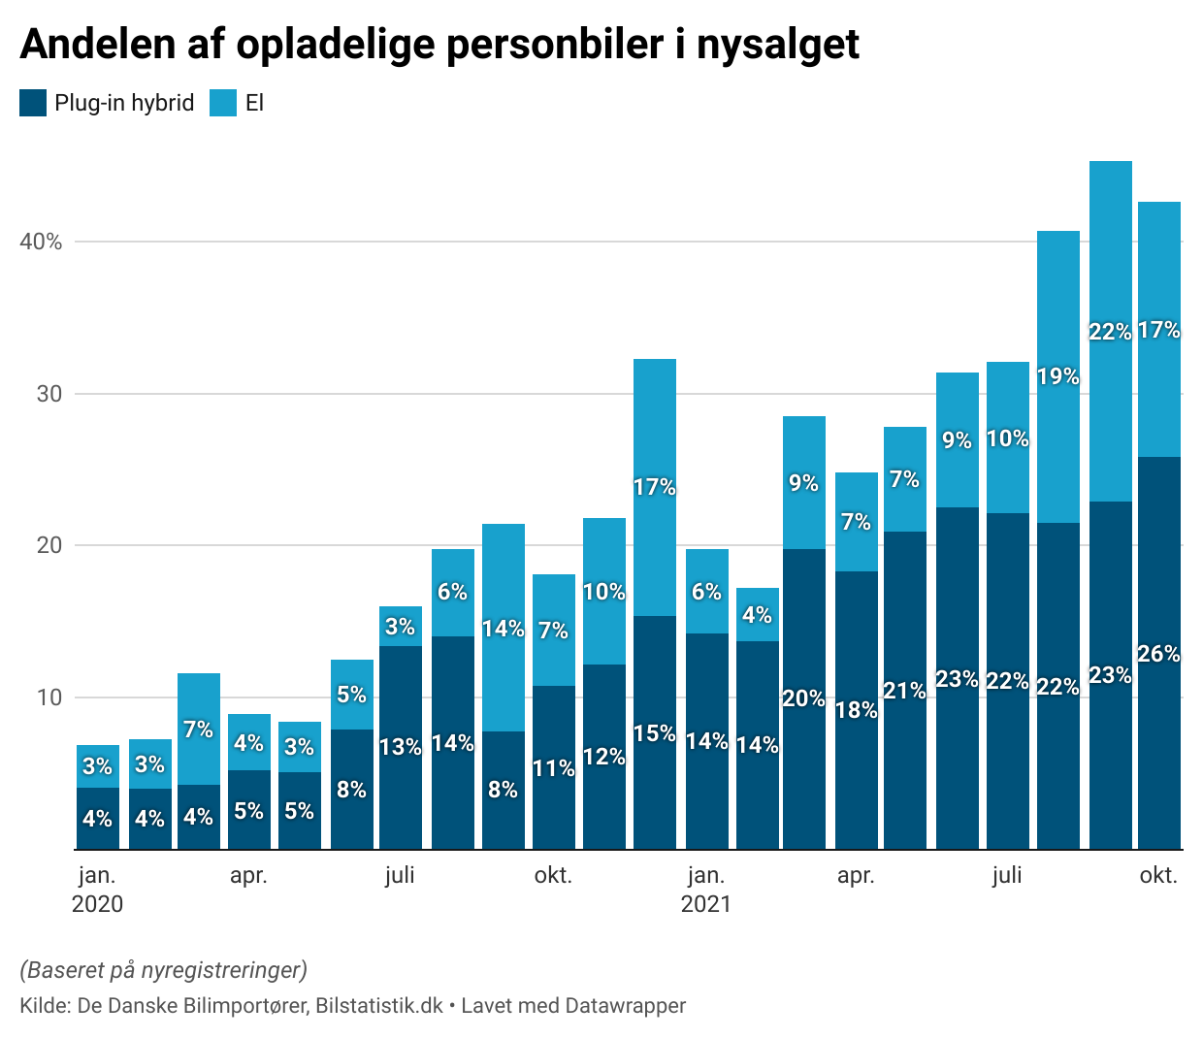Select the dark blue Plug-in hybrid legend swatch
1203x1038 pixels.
[33, 103]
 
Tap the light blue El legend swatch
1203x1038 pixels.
[223, 103]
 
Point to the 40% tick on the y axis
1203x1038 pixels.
[41, 242]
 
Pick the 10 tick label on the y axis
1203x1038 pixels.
[49, 697]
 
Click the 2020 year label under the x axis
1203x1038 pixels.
[97, 904]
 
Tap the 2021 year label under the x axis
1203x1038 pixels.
[705, 904]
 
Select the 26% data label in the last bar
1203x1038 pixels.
[1159, 654]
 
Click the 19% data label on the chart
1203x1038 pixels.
[1058, 376]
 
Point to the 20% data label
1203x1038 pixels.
[804, 698]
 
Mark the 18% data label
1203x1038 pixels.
[857, 710]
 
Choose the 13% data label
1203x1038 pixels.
[401, 747]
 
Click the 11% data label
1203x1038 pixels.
[554, 768]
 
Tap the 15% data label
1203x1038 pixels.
[655, 733]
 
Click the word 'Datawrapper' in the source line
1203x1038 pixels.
[626, 1006]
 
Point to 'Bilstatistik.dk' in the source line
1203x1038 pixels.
[379, 1006]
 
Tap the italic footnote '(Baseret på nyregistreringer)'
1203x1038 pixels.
[163, 969]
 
